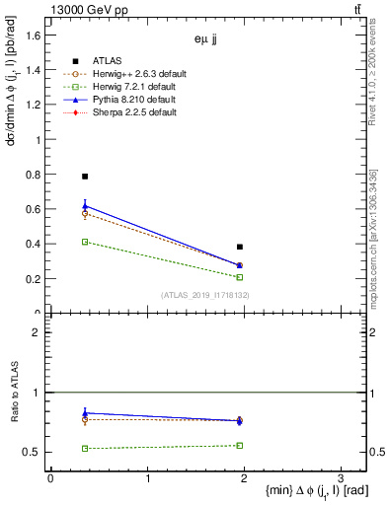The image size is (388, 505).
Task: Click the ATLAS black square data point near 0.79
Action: [x=85, y=177]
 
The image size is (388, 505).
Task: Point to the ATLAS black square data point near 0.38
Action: [x=240, y=247]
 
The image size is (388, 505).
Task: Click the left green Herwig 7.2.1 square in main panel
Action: [x=85, y=242]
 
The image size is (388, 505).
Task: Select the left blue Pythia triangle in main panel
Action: [x=85, y=206]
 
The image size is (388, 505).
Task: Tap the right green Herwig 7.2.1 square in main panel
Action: [x=240, y=277]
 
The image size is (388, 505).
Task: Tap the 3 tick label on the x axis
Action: [x=340, y=477]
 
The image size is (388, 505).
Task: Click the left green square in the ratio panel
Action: [x=85, y=449]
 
